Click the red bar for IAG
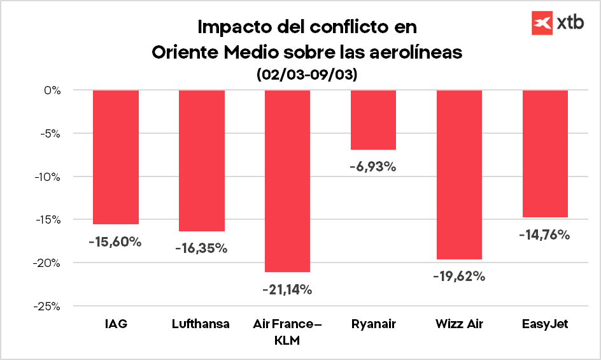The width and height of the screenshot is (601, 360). pyautogui.click(x=116, y=157)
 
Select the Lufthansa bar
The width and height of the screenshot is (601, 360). pyautogui.click(x=201, y=161)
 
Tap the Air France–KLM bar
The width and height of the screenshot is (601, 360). pyautogui.click(x=287, y=181)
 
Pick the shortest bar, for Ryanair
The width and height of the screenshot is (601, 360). pyautogui.click(x=373, y=120)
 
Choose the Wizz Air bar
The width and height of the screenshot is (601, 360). pyautogui.click(x=459, y=175)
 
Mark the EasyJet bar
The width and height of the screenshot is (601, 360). pyautogui.click(x=545, y=154)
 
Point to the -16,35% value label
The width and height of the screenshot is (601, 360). pyautogui.click(x=201, y=248)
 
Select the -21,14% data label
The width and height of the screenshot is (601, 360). pyautogui.click(x=287, y=290)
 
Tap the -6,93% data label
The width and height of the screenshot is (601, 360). pyautogui.click(x=373, y=167)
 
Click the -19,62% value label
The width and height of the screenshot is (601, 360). pyautogui.click(x=459, y=277)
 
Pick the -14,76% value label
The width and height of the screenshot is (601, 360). pyautogui.click(x=544, y=234)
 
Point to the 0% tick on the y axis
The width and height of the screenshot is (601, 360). pyautogui.click(x=52, y=90)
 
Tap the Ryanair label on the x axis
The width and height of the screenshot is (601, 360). pyautogui.click(x=373, y=324)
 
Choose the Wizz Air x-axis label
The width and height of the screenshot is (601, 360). pyautogui.click(x=459, y=324)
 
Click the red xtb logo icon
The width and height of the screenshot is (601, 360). pyautogui.click(x=542, y=23)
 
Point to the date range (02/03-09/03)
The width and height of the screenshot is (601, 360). pyautogui.click(x=307, y=75)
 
